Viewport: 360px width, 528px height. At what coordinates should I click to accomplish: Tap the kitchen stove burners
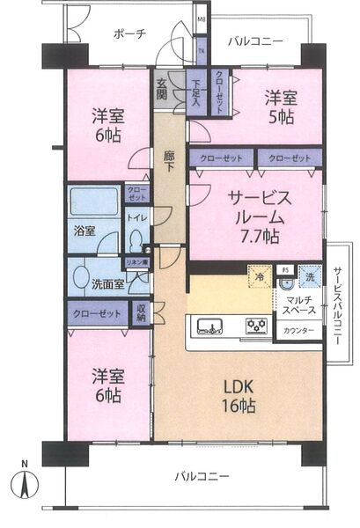[x=258, y=327]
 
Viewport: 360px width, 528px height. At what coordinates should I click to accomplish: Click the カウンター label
[x=297, y=332]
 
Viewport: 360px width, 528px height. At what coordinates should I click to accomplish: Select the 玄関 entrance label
[x=163, y=90]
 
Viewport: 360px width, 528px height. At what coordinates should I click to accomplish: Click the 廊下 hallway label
[x=170, y=161]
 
